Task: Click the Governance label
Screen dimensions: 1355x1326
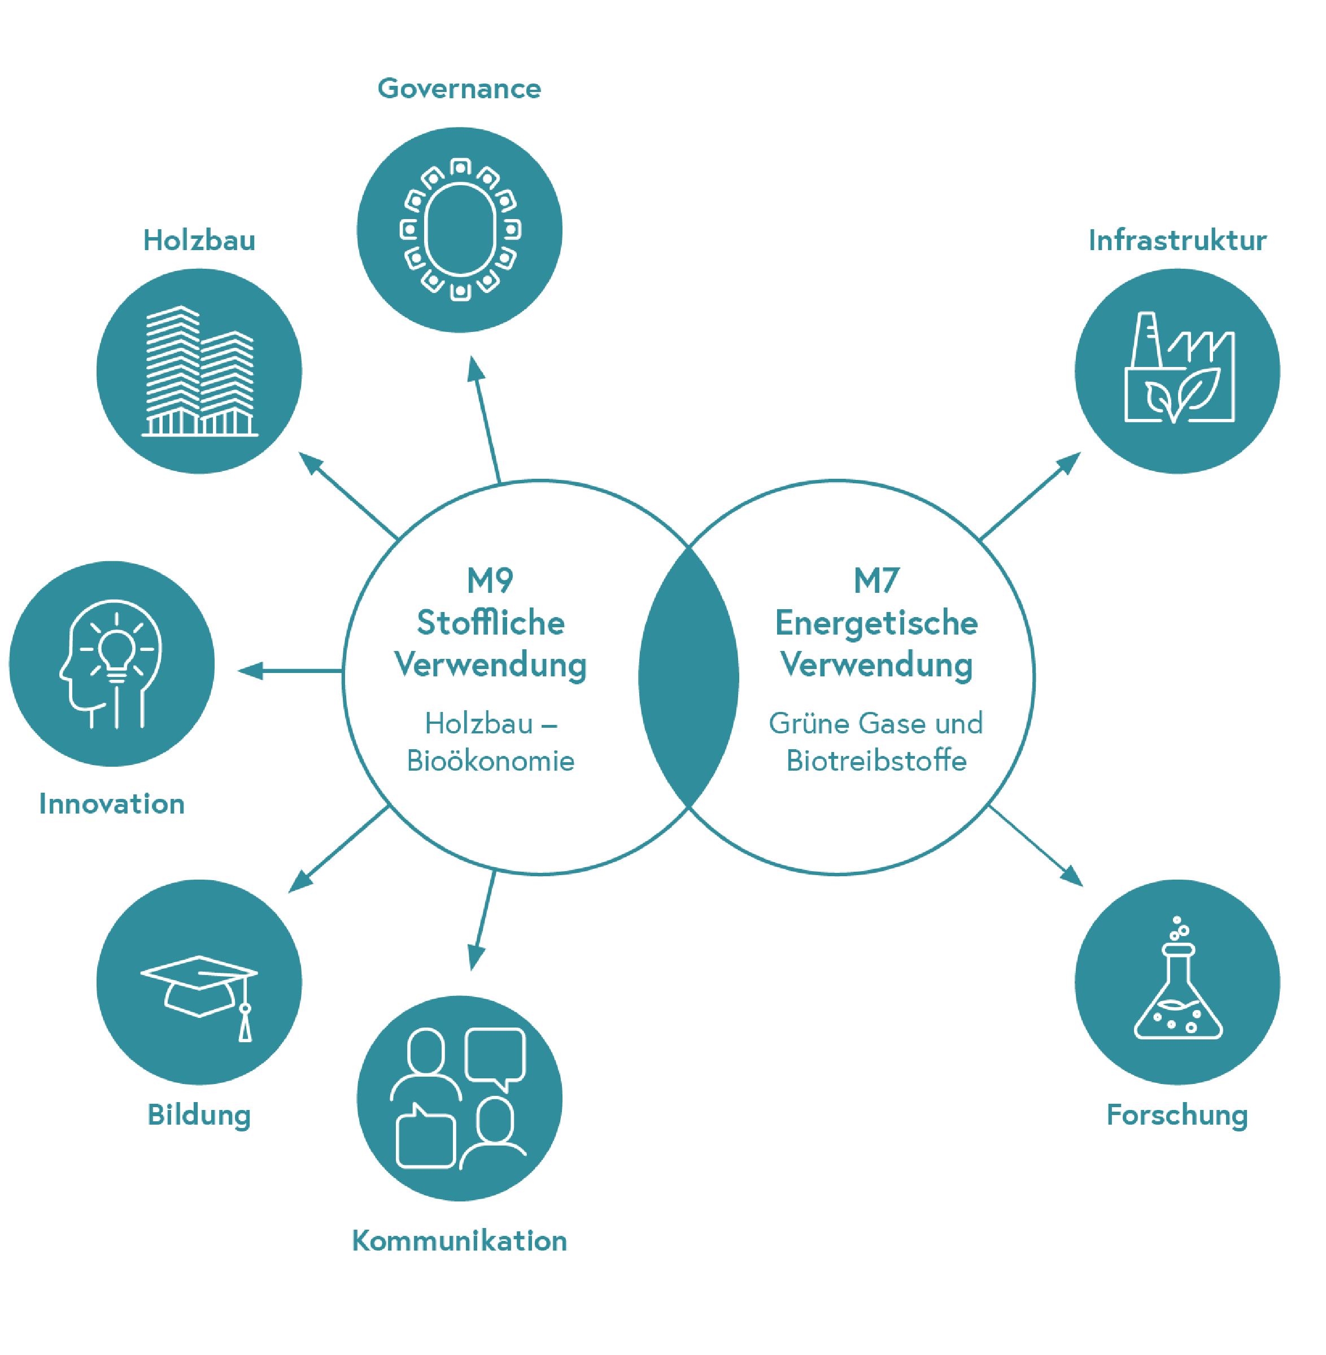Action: tap(459, 89)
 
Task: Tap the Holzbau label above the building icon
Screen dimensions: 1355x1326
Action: tap(199, 240)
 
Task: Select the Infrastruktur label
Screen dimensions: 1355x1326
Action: tap(1177, 240)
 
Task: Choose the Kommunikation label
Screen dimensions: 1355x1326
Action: tap(459, 1241)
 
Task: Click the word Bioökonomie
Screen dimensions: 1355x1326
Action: tap(490, 760)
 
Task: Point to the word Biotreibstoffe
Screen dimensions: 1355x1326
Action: tap(876, 760)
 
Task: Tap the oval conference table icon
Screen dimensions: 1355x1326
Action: tap(460, 230)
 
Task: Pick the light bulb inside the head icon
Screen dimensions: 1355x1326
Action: tap(116, 651)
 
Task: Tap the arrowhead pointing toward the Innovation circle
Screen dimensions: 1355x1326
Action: tap(249, 671)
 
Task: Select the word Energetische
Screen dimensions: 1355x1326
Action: tap(876, 623)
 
